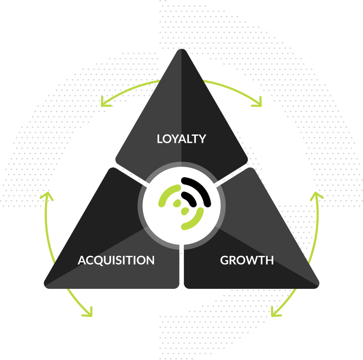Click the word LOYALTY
click(181, 139)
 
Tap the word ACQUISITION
click(116, 260)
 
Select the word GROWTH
click(247, 260)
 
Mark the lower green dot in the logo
click(185, 211)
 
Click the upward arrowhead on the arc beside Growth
click(316, 195)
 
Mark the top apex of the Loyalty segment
click(181, 50)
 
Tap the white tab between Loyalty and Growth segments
click(217, 185)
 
